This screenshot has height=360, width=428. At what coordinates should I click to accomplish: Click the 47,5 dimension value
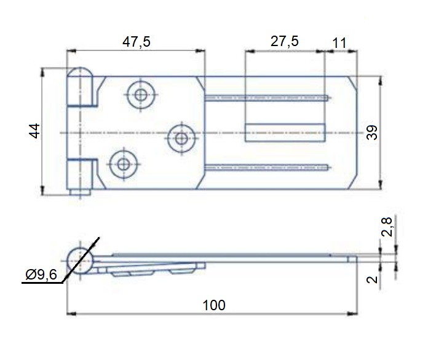tap(136, 42)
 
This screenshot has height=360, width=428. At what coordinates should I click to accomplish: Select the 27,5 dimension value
tap(285, 41)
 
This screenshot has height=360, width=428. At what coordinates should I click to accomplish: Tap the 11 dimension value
tap(339, 43)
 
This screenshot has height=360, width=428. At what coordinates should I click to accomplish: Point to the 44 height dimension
tap(34, 131)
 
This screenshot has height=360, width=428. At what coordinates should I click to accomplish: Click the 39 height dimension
tap(372, 133)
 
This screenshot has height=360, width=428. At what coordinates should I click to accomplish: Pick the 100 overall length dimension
tap(214, 305)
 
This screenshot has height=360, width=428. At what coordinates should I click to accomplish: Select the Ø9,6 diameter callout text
tap(41, 275)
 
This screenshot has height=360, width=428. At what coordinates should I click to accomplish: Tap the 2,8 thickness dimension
tap(387, 227)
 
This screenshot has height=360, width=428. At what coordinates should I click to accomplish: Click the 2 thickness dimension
tap(372, 280)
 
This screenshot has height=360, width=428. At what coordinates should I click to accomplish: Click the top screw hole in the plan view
tap(141, 95)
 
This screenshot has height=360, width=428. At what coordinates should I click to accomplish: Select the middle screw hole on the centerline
tap(181, 139)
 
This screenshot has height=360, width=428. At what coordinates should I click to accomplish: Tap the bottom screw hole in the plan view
tap(124, 165)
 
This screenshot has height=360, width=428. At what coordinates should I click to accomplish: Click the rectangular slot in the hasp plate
tap(285, 133)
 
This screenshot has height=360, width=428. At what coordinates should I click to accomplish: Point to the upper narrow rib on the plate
tap(266, 98)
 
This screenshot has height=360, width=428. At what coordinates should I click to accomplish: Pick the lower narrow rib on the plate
tap(266, 167)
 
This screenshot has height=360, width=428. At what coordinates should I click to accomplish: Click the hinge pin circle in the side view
tap(80, 261)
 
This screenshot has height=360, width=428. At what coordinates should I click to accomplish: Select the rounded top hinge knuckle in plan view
tap(80, 87)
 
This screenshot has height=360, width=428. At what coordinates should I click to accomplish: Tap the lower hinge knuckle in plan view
tap(82, 174)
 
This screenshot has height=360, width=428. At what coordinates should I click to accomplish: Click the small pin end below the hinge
tap(80, 192)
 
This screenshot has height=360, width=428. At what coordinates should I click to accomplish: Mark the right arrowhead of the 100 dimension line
tap(352, 314)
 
